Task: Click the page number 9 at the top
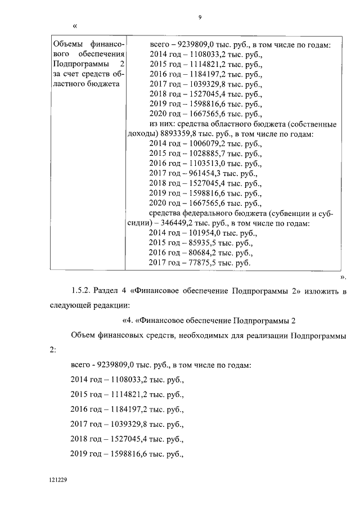pos(200,17)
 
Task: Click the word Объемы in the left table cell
pos(67,45)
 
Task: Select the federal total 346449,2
pos(180,223)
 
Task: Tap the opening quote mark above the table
pos(75,26)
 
